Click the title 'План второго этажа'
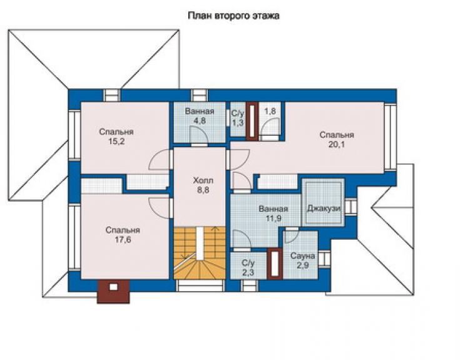tap(233, 16)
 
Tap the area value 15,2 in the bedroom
tap(116, 141)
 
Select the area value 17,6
tap(123, 240)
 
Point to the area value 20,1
tap(337, 145)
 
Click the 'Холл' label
tap(203, 180)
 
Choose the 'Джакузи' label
tap(324, 208)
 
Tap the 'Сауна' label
tap(303, 256)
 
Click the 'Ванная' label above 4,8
tap(200, 111)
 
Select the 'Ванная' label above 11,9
tap(273, 209)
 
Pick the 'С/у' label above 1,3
tap(238, 113)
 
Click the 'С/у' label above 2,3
tap(248, 263)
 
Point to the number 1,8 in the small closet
tap(270, 111)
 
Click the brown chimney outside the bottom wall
tap(113, 291)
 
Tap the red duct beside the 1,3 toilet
tap(253, 120)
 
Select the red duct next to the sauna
tap(275, 264)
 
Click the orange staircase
tap(200, 253)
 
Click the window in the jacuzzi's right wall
tap(351, 206)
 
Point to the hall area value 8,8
tap(203, 190)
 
